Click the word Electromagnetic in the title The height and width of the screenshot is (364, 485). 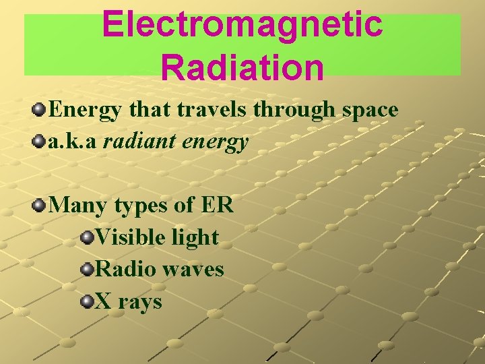pos(243,25)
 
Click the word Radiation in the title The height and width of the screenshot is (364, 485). pos(243,67)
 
